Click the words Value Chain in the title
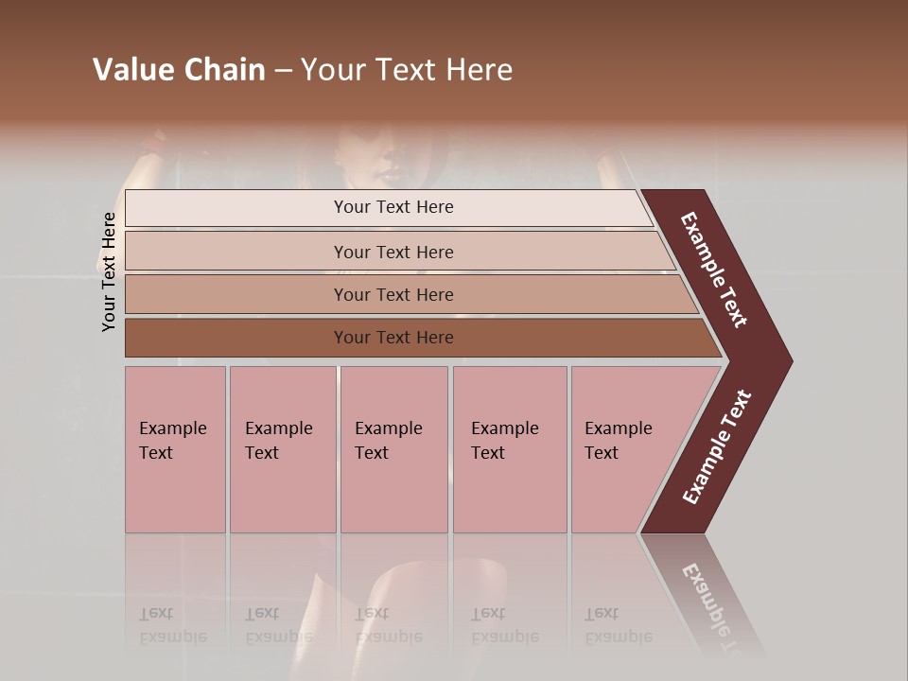(x=179, y=70)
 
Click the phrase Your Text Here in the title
(x=407, y=70)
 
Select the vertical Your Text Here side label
(x=109, y=271)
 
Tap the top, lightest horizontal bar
(x=393, y=207)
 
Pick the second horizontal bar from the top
(x=393, y=252)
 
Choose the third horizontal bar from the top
(x=393, y=294)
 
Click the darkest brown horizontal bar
(x=393, y=338)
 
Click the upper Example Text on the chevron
(x=715, y=270)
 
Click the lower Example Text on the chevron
(x=717, y=446)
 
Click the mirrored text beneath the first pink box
(x=173, y=625)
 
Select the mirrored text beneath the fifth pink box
(x=619, y=625)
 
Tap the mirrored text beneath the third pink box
(x=389, y=625)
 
